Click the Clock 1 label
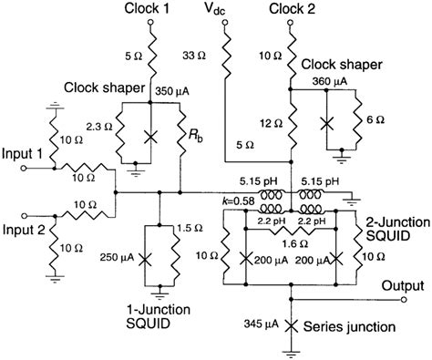(x=152, y=9)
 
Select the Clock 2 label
(x=291, y=9)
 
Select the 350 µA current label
(x=176, y=90)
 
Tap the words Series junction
(x=353, y=324)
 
